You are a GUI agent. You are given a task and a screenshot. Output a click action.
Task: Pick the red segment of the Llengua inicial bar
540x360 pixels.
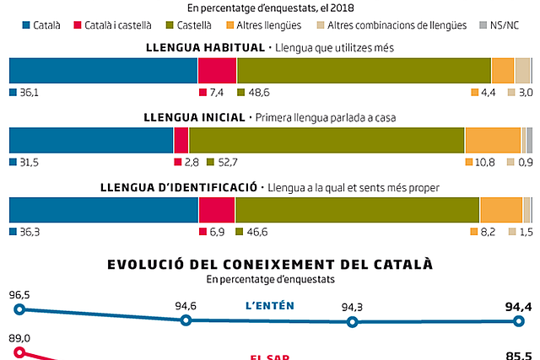[x=181, y=139]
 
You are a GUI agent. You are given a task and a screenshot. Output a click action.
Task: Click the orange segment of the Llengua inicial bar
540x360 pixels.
[x=493, y=139]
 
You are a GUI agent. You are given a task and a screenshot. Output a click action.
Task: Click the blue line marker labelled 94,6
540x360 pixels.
[x=186, y=320]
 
